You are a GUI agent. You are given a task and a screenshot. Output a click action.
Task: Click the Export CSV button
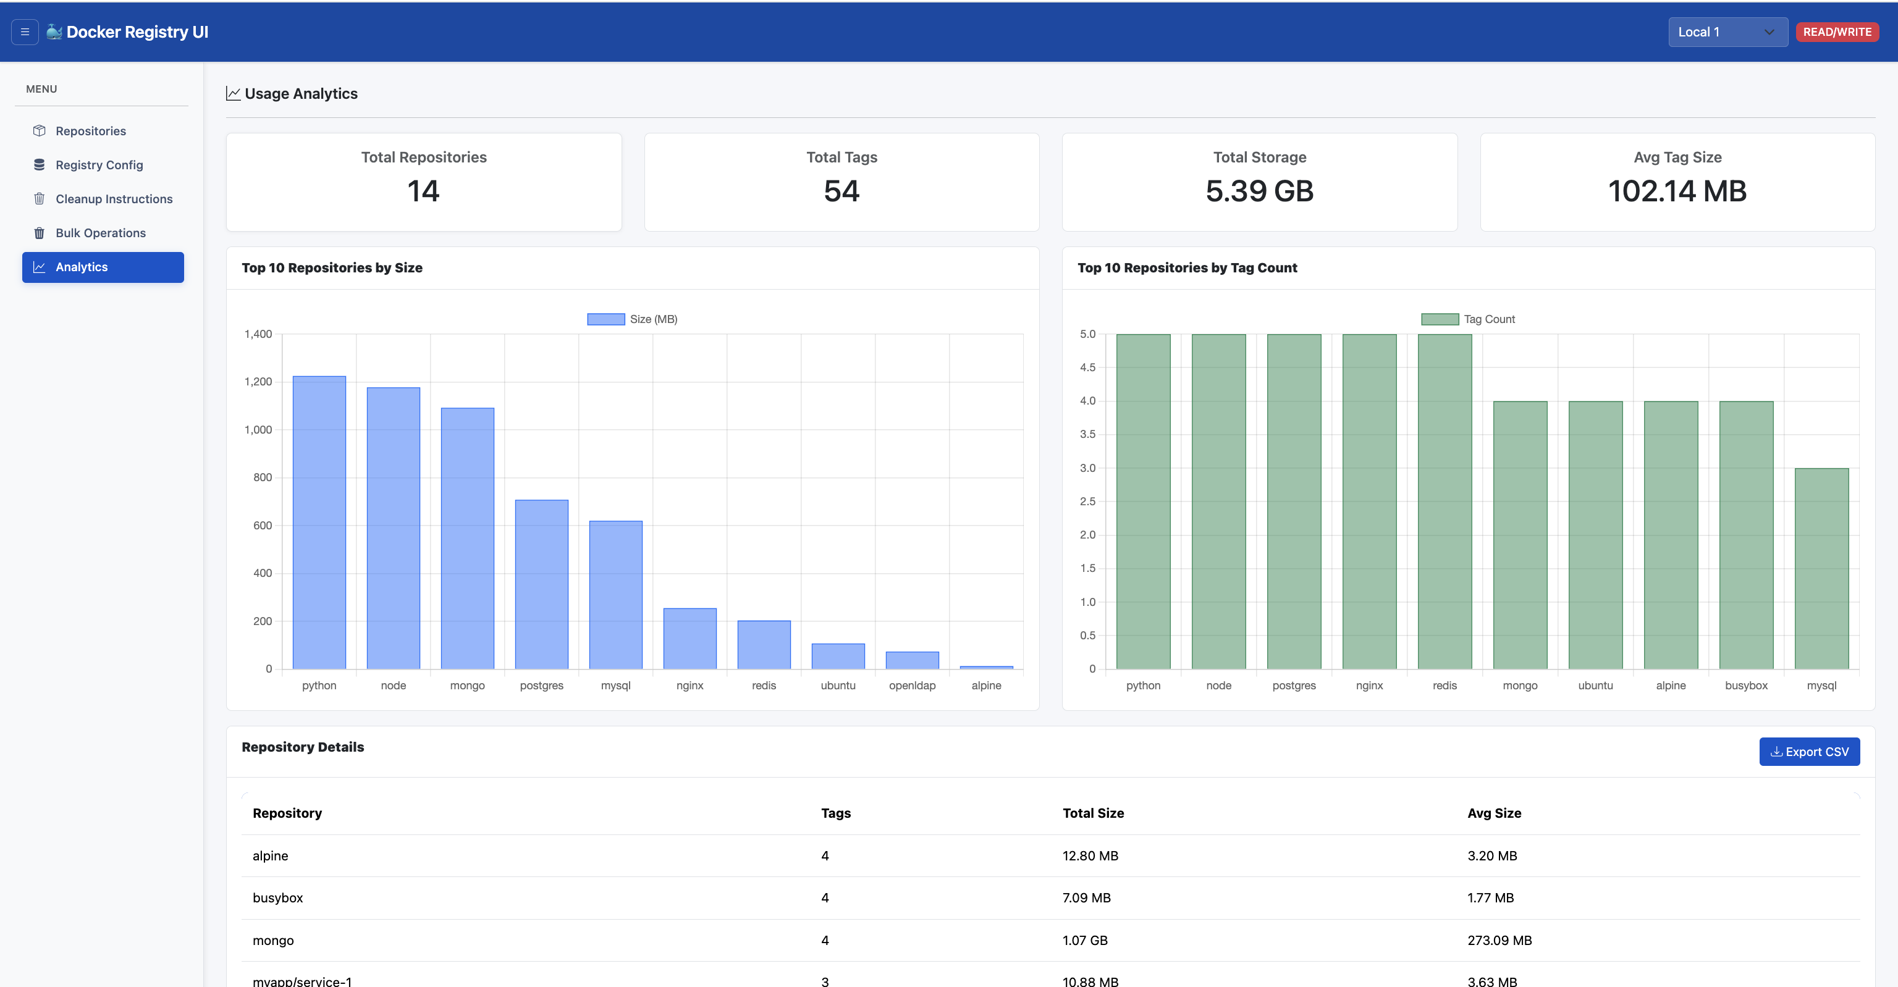(x=1809, y=751)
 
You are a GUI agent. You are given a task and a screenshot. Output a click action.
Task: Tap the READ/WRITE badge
(x=1837, y=31)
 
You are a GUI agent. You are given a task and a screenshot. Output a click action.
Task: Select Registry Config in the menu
(x=99, y=165)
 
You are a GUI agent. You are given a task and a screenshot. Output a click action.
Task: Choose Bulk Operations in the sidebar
(x=100, y=233)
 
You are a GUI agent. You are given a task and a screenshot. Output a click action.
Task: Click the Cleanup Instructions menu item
(x=114, y=199)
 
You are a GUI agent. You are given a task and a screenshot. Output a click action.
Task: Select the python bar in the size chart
(x=319, y=523)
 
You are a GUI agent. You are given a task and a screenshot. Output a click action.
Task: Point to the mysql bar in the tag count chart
(x=1821, y=569)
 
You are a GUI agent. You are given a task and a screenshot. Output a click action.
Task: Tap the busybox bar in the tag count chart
(x=1746, y=535)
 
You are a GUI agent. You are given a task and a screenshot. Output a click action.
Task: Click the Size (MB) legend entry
(x=632, y=319)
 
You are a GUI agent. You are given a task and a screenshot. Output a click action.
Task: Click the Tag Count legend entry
(x=1468, y=319)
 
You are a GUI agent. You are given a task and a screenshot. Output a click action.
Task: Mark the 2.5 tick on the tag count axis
(x=1087, y=502)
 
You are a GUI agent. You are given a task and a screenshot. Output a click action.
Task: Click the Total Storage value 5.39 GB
(x=1259, y=191)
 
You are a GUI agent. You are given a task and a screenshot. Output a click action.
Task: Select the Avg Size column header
(x=1493, y=813)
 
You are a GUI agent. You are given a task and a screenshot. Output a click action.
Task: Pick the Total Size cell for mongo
(x=1084, y=940)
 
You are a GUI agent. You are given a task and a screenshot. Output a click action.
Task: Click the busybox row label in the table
(x=278, y=898)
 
